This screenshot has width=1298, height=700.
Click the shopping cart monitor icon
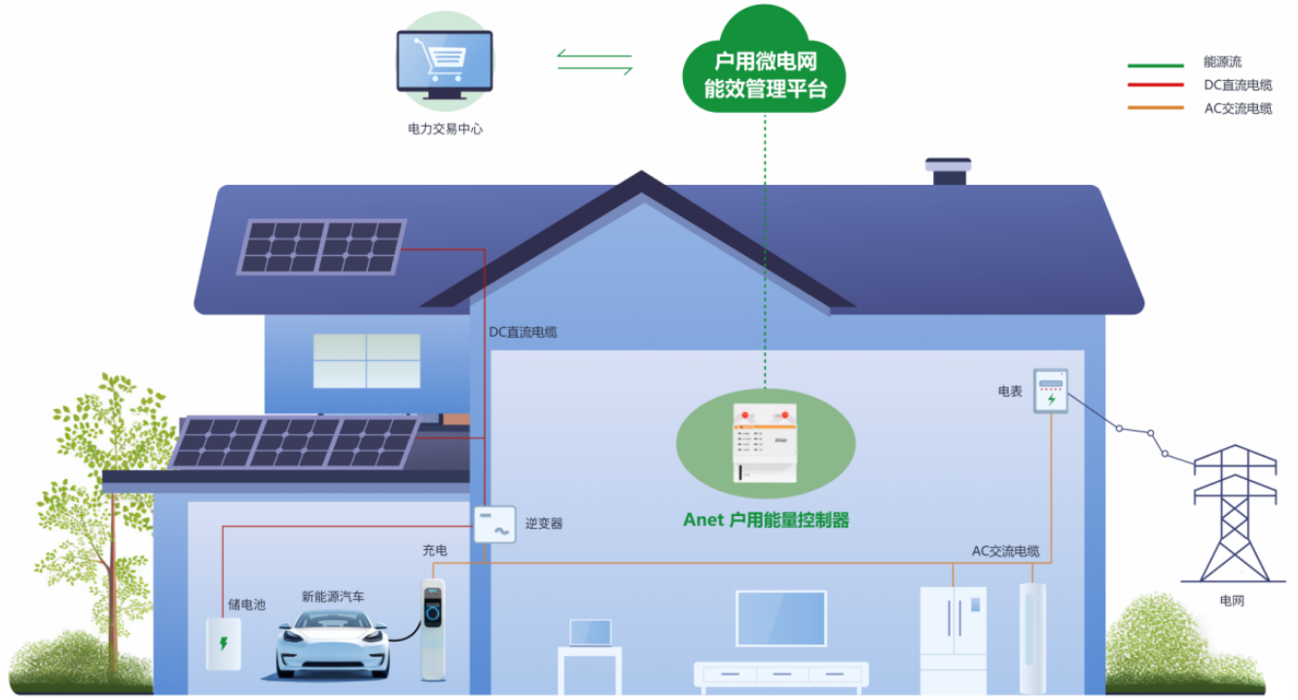(x=444, y=59)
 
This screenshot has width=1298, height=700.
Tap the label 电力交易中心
(x=445, y=129)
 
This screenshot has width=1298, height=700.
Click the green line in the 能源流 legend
(x=1155, y=64)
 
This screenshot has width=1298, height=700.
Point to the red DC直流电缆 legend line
(x=1155, y=86)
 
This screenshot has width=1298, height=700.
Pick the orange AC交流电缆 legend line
(x=1155, y=107)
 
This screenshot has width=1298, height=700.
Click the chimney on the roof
(x=948, y=171)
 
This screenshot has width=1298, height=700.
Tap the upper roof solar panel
(x=322, y=246)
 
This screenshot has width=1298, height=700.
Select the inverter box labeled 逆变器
(x=495, y=525)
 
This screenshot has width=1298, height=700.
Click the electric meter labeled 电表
(x=1050, y=391)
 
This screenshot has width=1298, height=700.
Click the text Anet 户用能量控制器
(x=766, y=520)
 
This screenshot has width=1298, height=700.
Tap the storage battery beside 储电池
(x=223, y=644)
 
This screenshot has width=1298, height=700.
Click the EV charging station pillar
(x=433, y=628)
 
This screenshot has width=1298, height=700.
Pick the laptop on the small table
(x=590, y=634)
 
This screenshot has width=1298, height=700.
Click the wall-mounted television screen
(x=780, y=618)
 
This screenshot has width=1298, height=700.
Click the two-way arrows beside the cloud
(x=595, y=61)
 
